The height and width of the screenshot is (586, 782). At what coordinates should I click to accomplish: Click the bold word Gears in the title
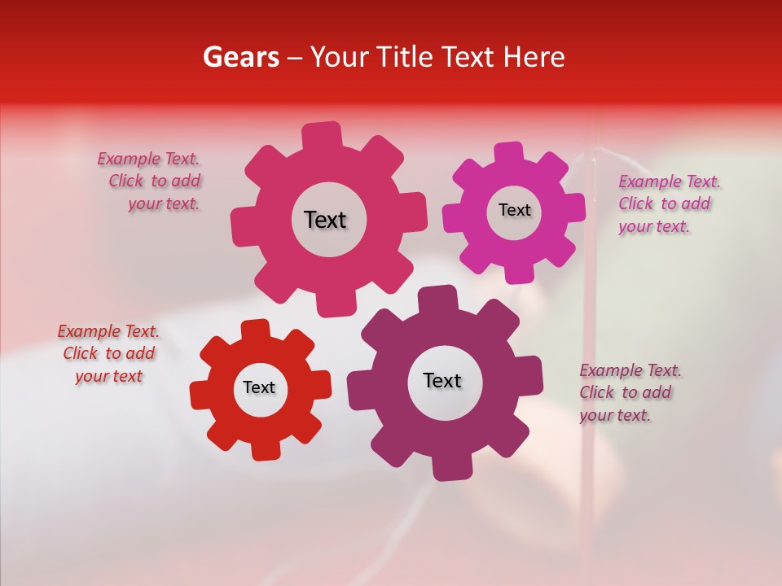pyautogui.click(x=240, y=57)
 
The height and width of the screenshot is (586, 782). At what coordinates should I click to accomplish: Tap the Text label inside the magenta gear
pyautogui.click(x=514, y=210)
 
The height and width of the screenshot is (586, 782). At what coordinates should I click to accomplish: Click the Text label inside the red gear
pyautogui.click(x=259, y=387)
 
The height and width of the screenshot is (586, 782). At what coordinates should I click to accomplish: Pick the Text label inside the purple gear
pyautogui.click(x=442, y=380)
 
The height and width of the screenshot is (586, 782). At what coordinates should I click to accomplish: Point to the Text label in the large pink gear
pyautogui.click(x=325, y=220)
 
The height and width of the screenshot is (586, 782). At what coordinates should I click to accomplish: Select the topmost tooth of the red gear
pyautogui.click(x=254, y=330)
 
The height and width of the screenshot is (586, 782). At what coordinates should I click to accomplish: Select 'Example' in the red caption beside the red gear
pyautogui.click(x=88, y=331)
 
